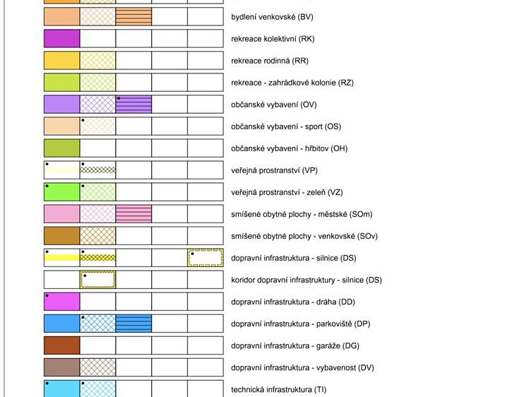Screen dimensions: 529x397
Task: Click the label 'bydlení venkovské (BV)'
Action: pyautogui.click(x=272, y=17)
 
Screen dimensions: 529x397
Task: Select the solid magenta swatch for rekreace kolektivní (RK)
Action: pyautogui.click(x=62, y=38)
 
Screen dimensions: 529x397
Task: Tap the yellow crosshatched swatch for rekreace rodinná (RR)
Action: pyautogui.click(x=98, y=60)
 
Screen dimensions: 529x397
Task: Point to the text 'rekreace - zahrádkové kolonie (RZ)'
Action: pyautogui.click(x=292, y=83)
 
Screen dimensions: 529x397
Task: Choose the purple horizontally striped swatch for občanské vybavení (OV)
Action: pyautogui.click(x=133, y=105)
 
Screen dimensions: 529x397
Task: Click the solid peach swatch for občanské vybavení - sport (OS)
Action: pyautogui.click(x=62, y=126)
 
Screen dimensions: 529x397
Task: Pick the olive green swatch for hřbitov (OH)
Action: pyautogui.click(x=62, y=148)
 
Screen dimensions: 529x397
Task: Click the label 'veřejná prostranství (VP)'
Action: pyautogui.click(x=274, y=170)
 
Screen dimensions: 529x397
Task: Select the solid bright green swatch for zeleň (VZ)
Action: pyautogui.click(x=62, y=192)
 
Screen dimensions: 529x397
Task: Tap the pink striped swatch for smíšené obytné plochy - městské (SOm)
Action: pyautogui.click(x=133, y=214)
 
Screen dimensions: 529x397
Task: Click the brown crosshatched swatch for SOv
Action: pyautogui.click(x=98, y=236)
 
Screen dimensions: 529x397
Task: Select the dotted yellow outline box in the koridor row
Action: pyautogui.click(x=98, y=272)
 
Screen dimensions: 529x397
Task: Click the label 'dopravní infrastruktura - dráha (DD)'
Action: pyautogui.click(x=293, y=302)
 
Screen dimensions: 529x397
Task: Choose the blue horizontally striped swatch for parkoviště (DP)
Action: pyautogui.click(x=133, y=324)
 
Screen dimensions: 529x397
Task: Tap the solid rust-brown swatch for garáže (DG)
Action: pyautogui.click(x=62, y=345)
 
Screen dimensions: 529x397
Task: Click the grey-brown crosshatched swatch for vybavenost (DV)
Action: pyautogui.click(x=98, y=367)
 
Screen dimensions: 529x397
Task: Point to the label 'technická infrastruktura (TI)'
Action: pyautogui.click(x=279, y=389)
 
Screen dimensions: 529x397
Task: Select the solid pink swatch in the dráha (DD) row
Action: pyautogui.click(x=62, y=302)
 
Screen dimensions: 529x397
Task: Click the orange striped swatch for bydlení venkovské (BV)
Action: pyautogui.click(x=133, y=16)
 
